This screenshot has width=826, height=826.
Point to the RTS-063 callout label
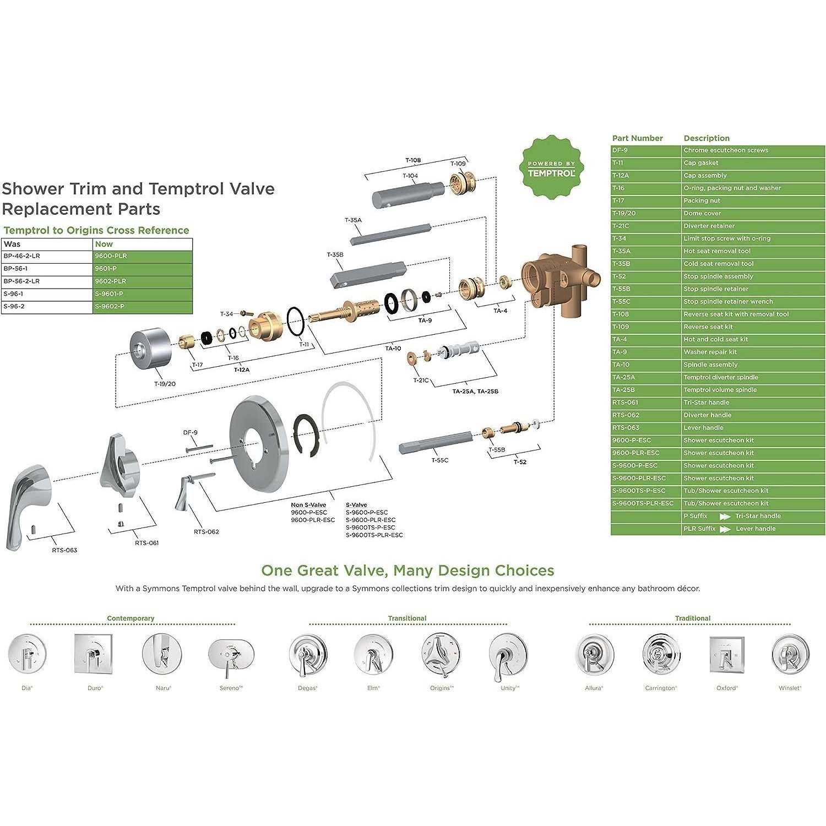[x=64, y=550]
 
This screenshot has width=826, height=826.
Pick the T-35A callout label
[x=353, y=220]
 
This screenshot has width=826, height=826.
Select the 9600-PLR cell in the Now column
[x=143, y=256]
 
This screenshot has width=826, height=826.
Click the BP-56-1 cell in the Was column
[x=47, y=269]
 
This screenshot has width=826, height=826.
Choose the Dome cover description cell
[x=753, y=213]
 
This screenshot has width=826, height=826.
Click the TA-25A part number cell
[x=646, y=377]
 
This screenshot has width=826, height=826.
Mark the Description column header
[x=707, y=138]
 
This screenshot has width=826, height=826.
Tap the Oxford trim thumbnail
[x=727, y=655]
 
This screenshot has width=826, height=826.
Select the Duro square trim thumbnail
[x=94, y=654]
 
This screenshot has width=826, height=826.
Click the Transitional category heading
[x=407, y=618]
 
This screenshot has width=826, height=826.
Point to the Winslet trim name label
[x=790, y=688]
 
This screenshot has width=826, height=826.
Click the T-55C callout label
[x=439, y=460]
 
